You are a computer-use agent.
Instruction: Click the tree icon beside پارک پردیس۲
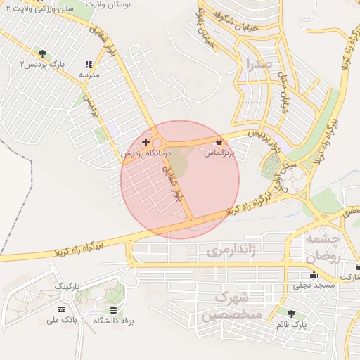point(44,53)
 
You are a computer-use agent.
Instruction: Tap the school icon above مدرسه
point(89,63)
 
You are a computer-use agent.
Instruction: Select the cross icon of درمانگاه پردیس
point(146,142)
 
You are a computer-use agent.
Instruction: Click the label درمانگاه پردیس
point(146,153)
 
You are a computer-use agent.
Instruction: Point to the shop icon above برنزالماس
point(220,141)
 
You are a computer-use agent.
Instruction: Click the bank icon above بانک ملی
point(61,309)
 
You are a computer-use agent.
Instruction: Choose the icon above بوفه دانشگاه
point(114,309)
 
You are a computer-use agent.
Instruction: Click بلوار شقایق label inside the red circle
point(172,182)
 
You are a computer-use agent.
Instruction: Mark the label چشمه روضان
point(323,248)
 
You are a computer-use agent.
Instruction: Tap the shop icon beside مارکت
point(358,268)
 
